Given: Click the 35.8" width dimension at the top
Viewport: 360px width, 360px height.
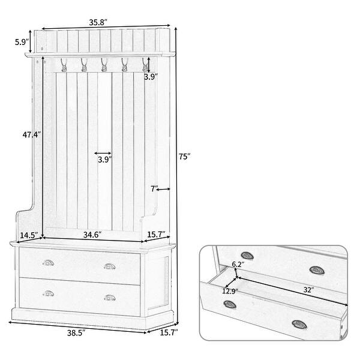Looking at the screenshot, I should pos(98,22).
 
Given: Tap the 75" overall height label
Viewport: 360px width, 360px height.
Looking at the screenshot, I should pos(184,157).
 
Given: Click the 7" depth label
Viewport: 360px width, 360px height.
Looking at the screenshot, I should pos(154,188).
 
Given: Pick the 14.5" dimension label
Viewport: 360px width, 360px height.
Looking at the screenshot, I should pos(29,235).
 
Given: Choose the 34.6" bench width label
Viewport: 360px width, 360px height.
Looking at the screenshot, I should pos(91,235).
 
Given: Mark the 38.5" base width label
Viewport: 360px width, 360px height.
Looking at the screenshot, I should pos(75,331).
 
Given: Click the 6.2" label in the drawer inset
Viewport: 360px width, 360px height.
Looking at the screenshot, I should pos(238,264).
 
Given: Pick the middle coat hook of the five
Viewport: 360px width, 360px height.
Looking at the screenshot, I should pos(104,63).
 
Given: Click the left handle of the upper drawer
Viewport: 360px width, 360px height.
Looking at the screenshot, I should pos(48,264).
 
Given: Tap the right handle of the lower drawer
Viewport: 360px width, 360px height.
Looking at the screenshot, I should pos(109,296).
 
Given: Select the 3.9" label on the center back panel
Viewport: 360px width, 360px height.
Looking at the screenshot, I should pos(103,160).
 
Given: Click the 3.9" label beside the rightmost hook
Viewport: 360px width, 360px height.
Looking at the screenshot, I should pos(151,76).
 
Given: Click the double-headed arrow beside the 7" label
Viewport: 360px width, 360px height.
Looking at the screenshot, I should pos(164,189).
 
